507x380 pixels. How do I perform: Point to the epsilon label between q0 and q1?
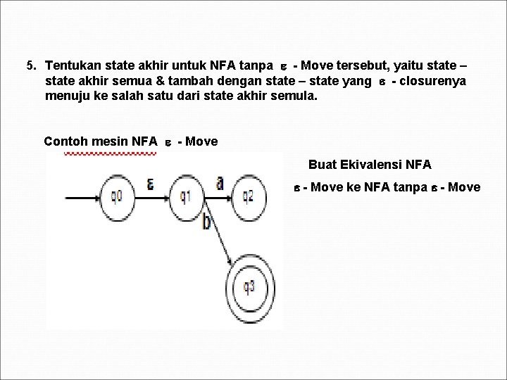click(x=151, y=184)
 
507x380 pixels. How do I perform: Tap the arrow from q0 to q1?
click(x=151, y=194)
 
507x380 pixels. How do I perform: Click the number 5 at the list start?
click(x=29, y=66)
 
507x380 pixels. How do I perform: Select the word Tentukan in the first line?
click(x=69, y=66)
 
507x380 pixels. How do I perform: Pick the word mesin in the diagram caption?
click(x=110, y=141)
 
